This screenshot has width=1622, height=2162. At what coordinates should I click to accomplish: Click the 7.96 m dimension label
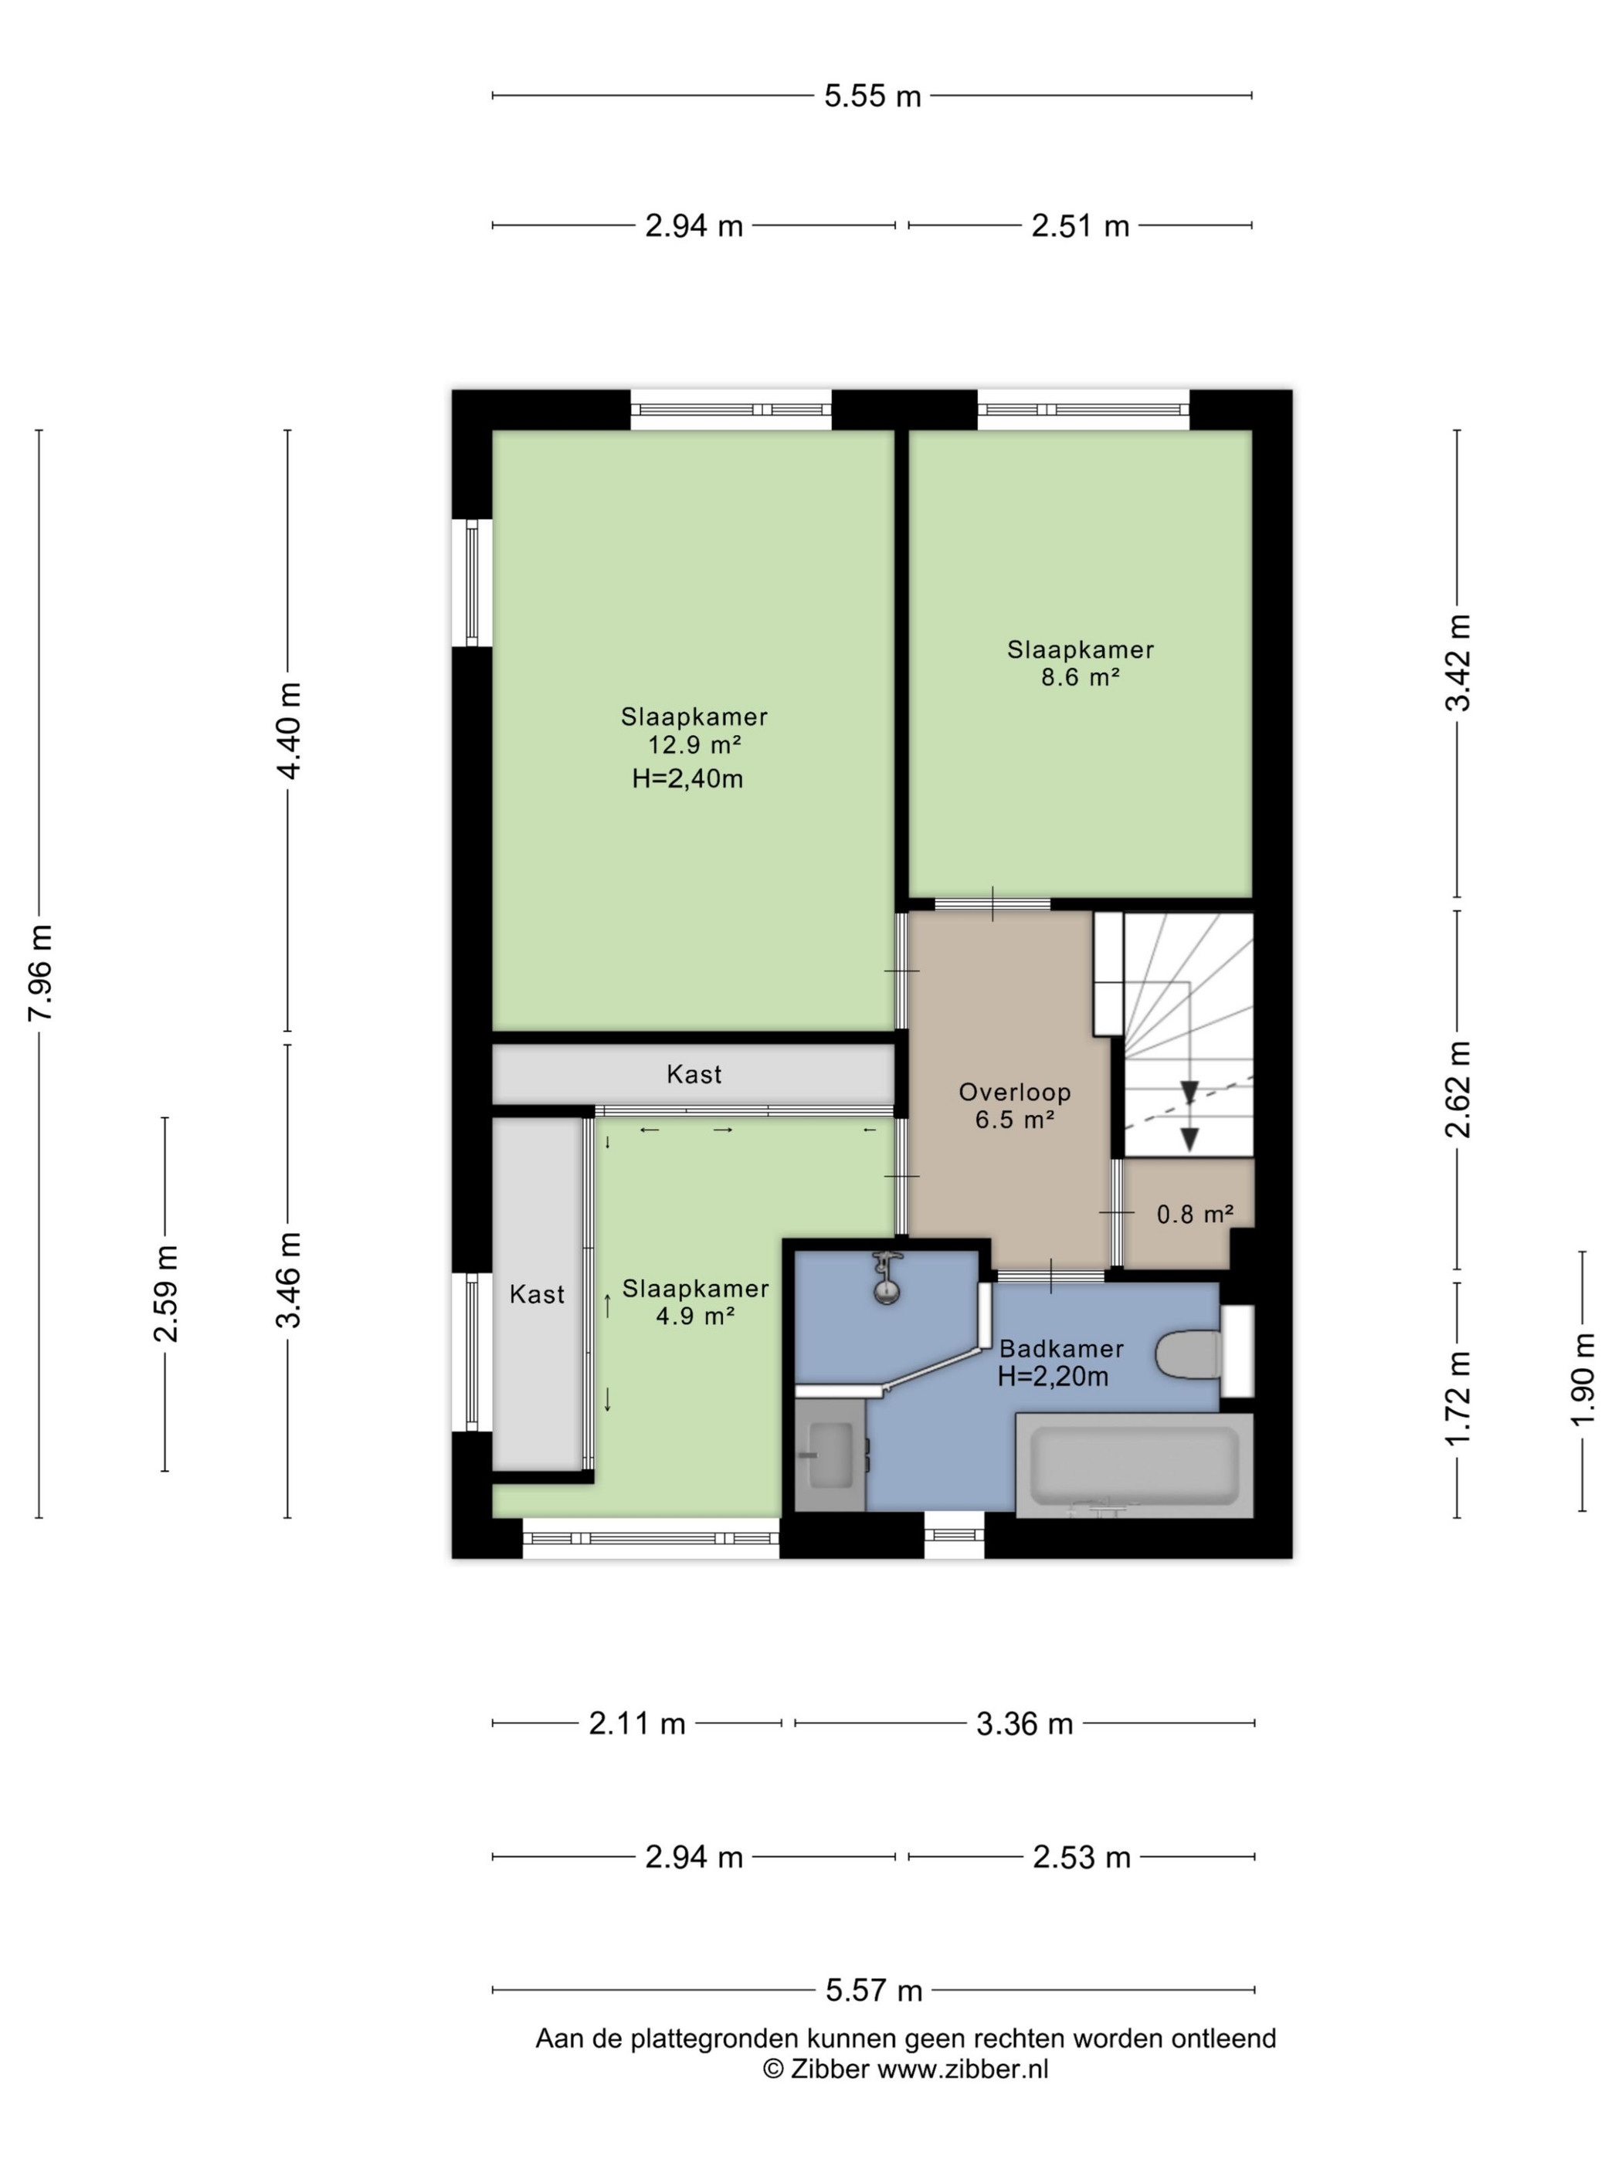[40, 971]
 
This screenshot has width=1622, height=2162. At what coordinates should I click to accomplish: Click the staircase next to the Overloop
[1173, 1033]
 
